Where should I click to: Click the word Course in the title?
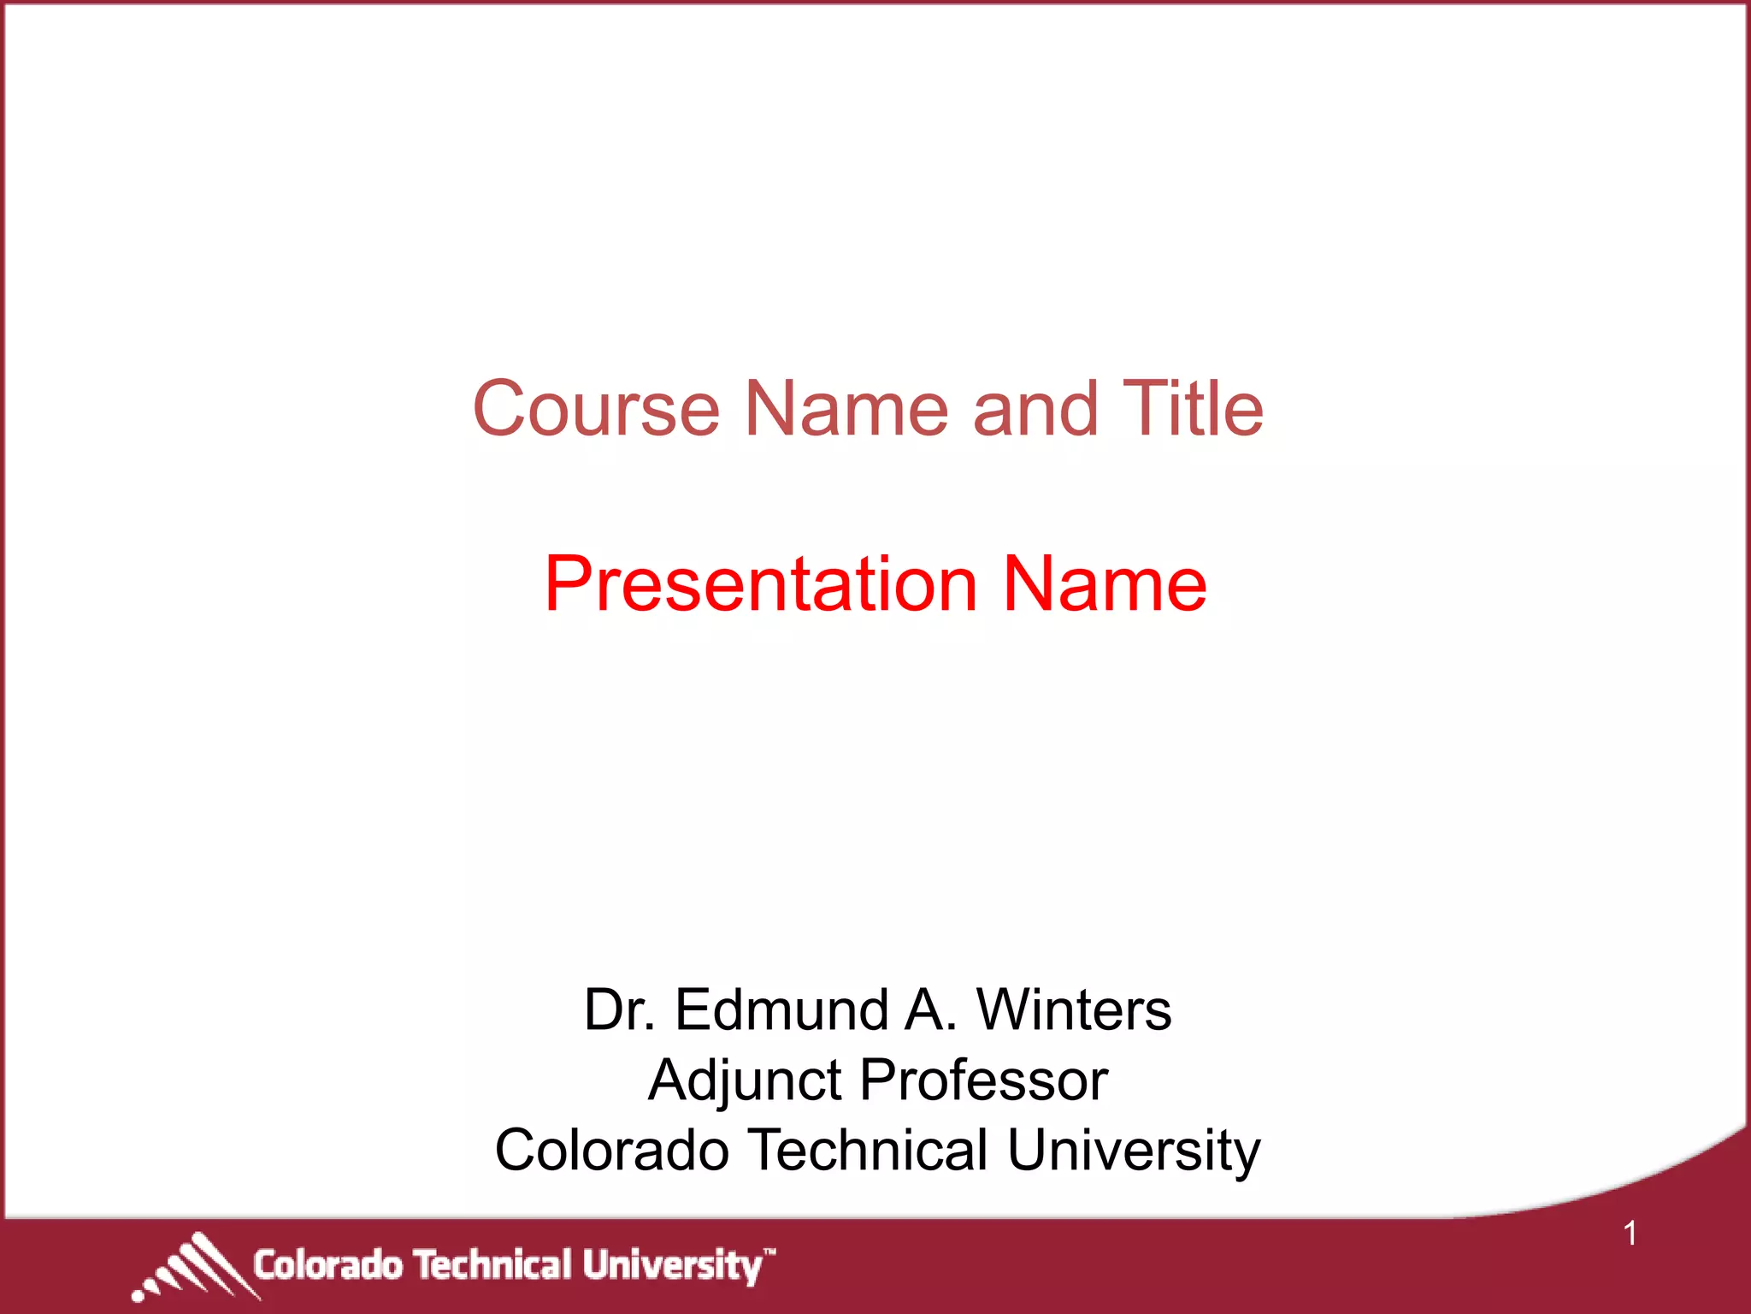point(596,409)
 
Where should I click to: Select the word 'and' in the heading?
point(1035,409)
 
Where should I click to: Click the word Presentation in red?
point(760,584)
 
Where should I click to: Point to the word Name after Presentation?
point(1105,584)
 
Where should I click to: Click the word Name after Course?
point(846,409)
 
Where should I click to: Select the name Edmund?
point(781,1009)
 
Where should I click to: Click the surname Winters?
point(1074,1009)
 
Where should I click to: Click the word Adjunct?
point(744,1081)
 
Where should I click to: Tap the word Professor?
point(983,1080)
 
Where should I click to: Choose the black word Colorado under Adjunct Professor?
point(611,1150)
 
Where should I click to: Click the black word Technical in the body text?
point(868,1150)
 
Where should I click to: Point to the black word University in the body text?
point(1134,1151)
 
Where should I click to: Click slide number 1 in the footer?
point(1630,1234)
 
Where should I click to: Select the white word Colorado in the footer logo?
point(327,1265)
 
